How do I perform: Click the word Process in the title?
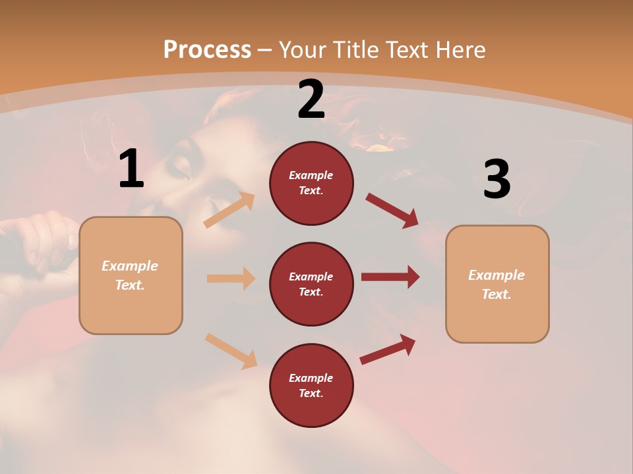(207, 50)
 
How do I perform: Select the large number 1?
(131, 169)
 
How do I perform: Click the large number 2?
(311, 100)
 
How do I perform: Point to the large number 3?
(497, 179)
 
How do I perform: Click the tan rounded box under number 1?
(131, 275)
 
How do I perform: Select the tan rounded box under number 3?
(497, 284)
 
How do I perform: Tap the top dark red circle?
(311, 183)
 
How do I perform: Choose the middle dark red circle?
(311, 284)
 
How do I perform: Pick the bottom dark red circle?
(311, 386)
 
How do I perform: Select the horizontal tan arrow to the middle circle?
(231, 278)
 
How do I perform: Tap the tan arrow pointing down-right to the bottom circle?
(231, 351)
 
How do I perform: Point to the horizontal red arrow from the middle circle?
(390, 276)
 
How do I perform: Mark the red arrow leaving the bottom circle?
(388, 349)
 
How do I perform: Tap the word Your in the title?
(301, 50)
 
